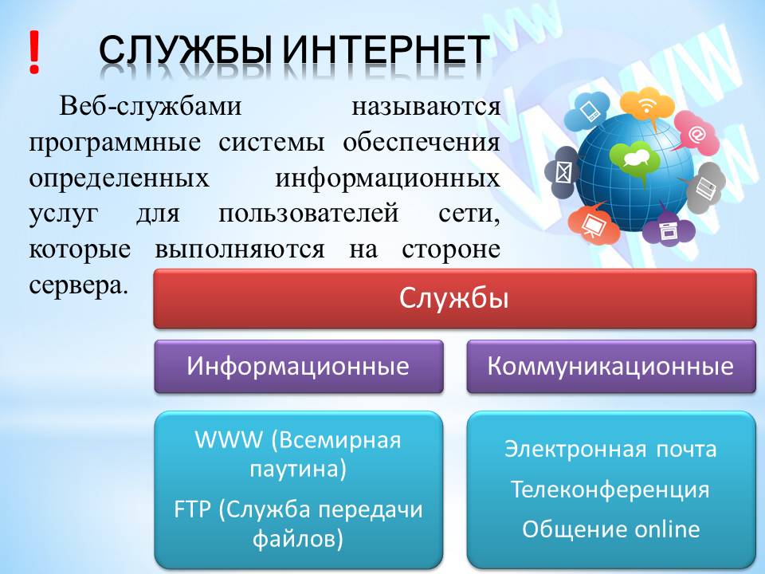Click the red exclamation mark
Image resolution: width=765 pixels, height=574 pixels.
coord(33,53)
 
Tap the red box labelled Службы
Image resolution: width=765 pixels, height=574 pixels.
coord(454,299)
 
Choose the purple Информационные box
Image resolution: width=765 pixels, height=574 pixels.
coord(298,367)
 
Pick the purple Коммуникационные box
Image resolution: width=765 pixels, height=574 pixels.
coord(610,367)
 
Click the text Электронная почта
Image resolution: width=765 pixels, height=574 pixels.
coord(610,449)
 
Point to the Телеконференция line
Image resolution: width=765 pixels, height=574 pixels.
coord(610,489)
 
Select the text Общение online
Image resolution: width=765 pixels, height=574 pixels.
coord(610,529)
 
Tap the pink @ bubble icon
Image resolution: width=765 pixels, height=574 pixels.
coord(696,134)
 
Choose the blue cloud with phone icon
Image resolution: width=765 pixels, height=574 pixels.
coord(590,110)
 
